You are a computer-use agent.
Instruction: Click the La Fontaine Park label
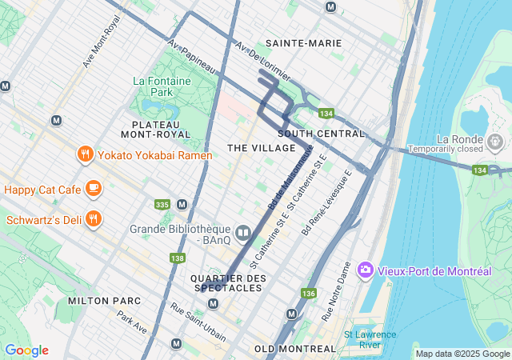click(x=153, y=86)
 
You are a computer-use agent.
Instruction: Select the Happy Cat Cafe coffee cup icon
click(x=94, y=189)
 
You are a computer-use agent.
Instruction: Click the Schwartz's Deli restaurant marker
click(x=94, y=218)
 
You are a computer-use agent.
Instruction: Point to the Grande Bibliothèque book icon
click(x=243, y=233)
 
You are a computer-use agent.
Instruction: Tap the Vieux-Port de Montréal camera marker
click(x=366, y=270)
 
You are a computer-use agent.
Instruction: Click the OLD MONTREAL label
click(x=294, y=349)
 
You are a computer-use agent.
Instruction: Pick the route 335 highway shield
click(x=162, y=206)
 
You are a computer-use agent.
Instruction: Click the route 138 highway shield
click(x=177, y=258)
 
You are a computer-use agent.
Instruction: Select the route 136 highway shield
click(x=309, y=294)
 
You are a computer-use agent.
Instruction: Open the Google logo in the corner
click(x=26, y=350)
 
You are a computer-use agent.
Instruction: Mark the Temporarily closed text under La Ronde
click(x=446, y=149)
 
